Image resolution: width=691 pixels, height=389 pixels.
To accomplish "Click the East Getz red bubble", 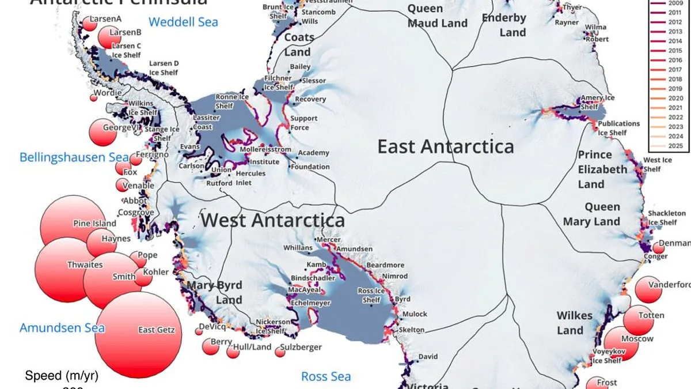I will pos(138,335).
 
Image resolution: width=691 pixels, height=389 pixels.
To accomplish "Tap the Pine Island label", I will pos(94,224).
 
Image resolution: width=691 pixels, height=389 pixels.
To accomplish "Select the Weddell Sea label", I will pos(183,22).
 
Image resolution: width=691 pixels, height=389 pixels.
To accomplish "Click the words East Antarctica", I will pos(445,146).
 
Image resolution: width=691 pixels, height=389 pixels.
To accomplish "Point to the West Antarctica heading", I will pos(272,220).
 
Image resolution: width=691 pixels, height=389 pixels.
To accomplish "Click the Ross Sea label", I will pos(326,377).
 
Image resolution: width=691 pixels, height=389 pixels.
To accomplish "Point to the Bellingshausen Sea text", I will pos(66,157).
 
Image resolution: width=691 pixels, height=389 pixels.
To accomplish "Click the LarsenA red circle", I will pos(89,23).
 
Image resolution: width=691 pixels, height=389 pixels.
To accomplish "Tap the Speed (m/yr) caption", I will pos(62,376).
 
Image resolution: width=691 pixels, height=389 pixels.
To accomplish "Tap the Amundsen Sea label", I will pos(62,328).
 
